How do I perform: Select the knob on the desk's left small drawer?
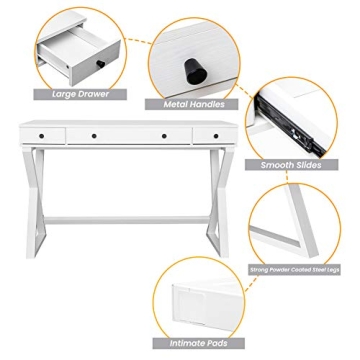click(x=43, y=135)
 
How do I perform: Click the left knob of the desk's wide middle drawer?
click(x=92, y=135)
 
